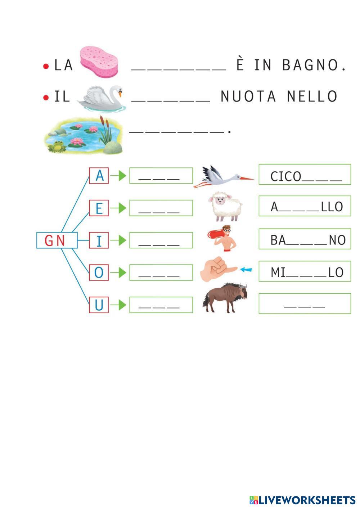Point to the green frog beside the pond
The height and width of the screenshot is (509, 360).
(58, 146)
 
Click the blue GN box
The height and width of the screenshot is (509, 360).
(57, 240)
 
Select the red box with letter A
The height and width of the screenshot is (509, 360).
(99, 176)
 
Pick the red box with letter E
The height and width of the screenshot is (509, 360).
(99, 208)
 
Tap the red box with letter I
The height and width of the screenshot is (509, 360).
(99, 240)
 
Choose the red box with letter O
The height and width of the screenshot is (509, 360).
(99, 272)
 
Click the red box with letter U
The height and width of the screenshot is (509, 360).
(99, 305)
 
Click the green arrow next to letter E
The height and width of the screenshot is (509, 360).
(118, 208)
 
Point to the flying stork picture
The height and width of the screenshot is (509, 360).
(222, 177)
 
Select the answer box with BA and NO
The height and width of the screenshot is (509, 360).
(305, 239)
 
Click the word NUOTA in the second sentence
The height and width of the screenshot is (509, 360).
(248, 96)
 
